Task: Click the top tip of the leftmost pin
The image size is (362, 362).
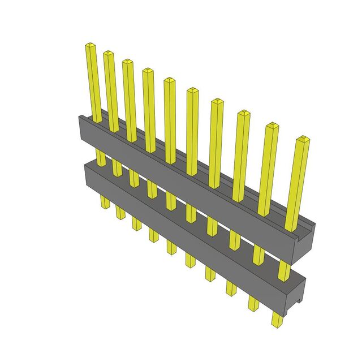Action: [89, 45]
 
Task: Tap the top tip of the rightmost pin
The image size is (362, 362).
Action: [303, 139]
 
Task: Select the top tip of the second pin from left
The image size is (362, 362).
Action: [108, 53]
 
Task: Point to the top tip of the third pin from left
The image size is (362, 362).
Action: [127, 61]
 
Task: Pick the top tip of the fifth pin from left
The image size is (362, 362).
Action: [169, 80]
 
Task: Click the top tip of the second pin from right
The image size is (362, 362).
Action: [272, 125]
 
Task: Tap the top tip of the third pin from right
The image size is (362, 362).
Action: [243, 113]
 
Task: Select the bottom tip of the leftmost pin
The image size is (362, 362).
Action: [105, 206]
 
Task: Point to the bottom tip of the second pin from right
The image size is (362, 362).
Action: [253, 308]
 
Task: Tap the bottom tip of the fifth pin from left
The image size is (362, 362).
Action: [171, 251]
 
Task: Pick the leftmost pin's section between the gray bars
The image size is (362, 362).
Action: [100, 158]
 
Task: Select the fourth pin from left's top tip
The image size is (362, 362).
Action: [148, 71]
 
